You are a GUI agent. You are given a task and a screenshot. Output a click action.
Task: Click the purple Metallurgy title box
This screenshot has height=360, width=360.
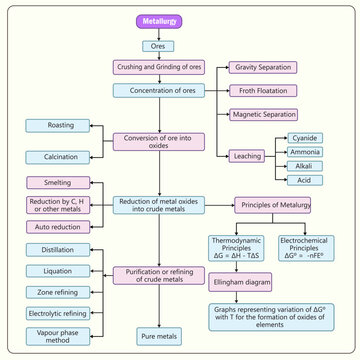pyautogui.click(x=159, y=22)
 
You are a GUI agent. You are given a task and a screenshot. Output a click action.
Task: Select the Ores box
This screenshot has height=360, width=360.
pyautogui.click(x=159, y=45)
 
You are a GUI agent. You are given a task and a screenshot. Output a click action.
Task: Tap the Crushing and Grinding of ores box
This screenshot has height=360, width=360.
pyautogui.click(x=159, y=67)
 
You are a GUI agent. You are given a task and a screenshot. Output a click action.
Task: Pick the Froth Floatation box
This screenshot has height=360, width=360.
pyautogui.click(x=263, y=91)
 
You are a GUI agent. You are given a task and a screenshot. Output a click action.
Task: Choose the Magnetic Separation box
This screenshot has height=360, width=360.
pyautogui.click(x=263, y=114)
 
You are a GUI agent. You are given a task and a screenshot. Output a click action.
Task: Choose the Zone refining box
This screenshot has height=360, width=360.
pyautogui.click(x=62, y=292)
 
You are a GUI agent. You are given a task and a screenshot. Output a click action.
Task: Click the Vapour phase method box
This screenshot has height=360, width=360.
pyautogui.click(x=62, y=336)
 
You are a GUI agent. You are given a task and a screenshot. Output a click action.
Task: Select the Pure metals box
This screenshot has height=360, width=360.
pyautogui.click(x=159, y=336)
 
